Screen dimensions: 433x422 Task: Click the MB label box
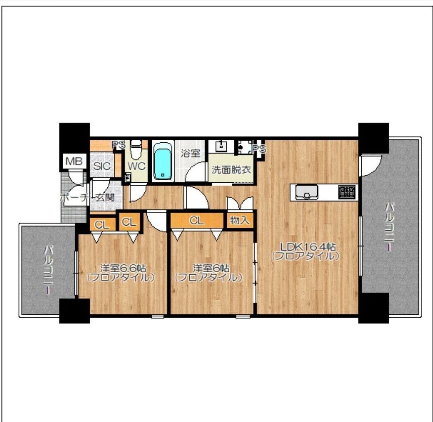click(74, 161)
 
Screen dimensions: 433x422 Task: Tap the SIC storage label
click(102, 166)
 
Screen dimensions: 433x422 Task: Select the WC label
click(136, 166)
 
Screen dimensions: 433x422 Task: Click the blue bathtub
click(163, 161)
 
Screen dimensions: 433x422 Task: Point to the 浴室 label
click(191, 153)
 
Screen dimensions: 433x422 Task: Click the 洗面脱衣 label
click(231, 170)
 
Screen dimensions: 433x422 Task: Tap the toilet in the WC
click(136, 149)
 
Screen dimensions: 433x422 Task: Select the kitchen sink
click(306, 192)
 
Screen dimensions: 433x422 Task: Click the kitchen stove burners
click(347, 192)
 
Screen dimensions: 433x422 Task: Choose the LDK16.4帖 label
click(308, 246)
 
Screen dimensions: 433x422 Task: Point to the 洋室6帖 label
click(211, 268)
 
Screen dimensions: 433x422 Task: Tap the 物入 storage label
click(240, 220)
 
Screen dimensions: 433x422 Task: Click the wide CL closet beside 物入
click(197, 220)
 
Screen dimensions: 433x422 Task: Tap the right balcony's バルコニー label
click(390, 227)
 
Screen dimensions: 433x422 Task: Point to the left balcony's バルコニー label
click(48, 270)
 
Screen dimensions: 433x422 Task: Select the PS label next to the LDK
click(259, 149)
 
